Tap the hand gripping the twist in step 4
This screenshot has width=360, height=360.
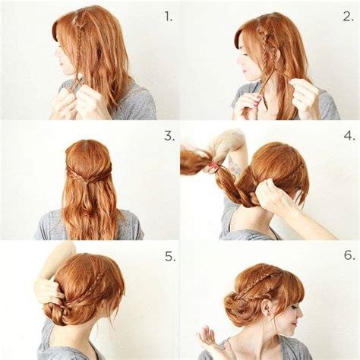[x=269, y=196]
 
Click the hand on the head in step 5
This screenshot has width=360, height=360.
[x=50, y=289]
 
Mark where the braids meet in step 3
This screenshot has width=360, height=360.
[x=90, y=174]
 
